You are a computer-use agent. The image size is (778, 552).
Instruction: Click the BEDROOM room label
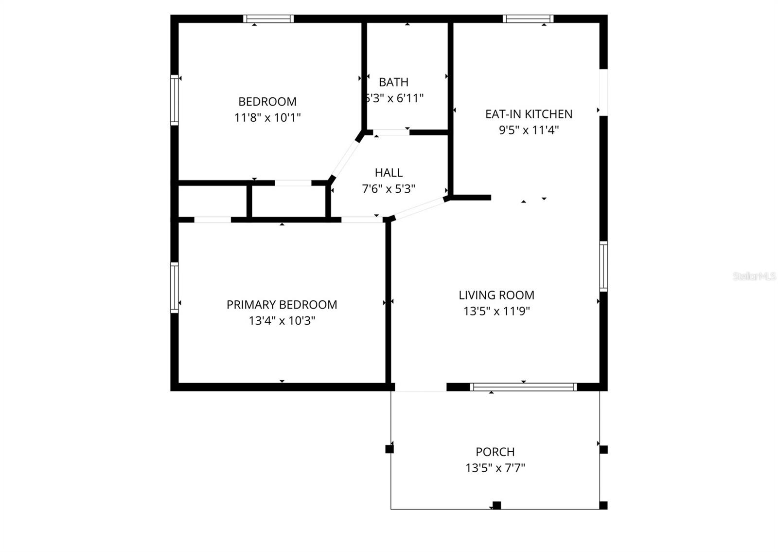tap(267, 101)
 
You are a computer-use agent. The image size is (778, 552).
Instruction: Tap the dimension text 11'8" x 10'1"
tap(267, 117)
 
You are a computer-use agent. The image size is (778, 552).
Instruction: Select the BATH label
tap(393, 82)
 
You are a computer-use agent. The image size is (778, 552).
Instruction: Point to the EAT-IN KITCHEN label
tap(529, 114)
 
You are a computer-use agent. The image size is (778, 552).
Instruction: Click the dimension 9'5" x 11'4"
tap(529, 130)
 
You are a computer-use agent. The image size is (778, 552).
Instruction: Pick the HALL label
tap(389, 172)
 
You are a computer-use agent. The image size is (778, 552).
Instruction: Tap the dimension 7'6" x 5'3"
tap(389, 189)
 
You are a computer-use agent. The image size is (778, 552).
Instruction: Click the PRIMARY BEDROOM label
tap(282, 304)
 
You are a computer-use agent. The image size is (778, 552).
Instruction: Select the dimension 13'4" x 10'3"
tap(282, 321)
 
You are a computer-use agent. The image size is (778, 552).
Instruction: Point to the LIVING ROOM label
tap(496, 295)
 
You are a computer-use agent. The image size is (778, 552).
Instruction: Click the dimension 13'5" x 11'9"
tap(496, 311)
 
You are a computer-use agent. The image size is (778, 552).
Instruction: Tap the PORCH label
tap(495, 452)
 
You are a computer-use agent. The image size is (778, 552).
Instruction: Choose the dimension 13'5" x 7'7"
tap(495, 468)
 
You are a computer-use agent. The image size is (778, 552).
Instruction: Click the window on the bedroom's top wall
tap(268, 19)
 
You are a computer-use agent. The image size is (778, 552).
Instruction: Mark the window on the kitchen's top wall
tap(528, 19)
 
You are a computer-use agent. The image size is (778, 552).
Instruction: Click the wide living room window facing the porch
tap(523, 387)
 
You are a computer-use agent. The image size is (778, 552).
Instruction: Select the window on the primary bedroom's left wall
tap(174, 287)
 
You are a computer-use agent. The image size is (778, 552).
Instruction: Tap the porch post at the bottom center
tap(496, 505)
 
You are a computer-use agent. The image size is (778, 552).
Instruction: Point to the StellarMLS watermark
tap(754, 276)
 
